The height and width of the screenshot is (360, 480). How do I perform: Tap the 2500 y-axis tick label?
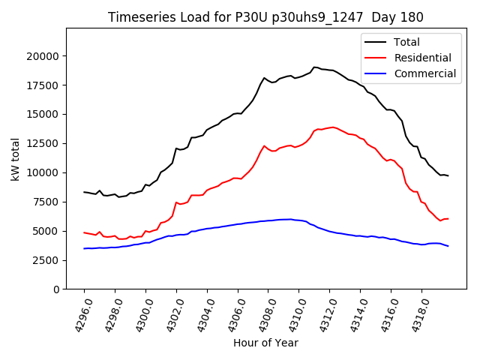tap(46, 260)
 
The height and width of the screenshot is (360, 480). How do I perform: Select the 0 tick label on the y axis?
tap(57, 289)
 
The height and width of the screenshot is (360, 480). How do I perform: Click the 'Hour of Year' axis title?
tap(265, 343)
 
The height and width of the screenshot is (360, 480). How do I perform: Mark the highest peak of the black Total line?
tap(315, 67)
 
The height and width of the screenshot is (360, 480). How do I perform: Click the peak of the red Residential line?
tap(333, 127)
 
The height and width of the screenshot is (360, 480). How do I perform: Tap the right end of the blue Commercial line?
tap(448, 246)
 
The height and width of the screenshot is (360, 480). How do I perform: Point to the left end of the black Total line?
tap(84, 192)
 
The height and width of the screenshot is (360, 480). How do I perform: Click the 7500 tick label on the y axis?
tap(46, 202)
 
